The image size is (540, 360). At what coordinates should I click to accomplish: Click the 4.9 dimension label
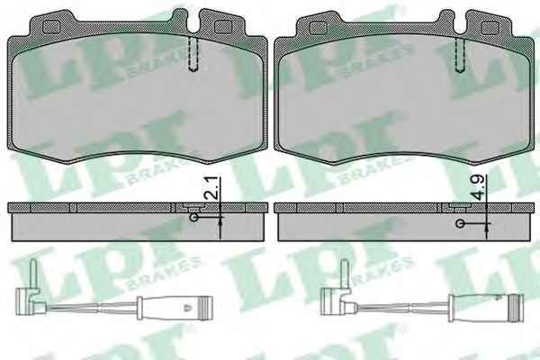pos(480,187)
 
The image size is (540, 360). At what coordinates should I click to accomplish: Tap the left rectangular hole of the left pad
pos(50,27)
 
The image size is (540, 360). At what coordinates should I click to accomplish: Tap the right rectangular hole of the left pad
pos(223,27)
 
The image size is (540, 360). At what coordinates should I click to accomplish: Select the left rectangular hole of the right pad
pos(318,28)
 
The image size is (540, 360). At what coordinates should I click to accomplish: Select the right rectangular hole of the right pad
pos(490,28)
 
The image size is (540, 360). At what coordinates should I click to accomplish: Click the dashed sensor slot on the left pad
pos(193,53)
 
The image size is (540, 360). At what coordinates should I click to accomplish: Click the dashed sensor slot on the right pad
pos(460,54)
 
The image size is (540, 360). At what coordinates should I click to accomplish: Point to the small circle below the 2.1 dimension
pos(194,218)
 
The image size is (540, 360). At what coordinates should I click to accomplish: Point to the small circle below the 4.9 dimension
pos(460,223)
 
